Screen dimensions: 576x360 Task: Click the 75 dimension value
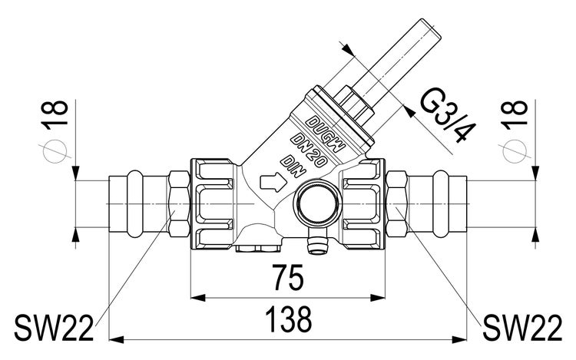pyautogui.click(x=287, y=277)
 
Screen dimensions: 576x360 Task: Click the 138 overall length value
pyautogui.click(x=288, y=319)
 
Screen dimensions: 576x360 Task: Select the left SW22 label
pyautogui.click(x=54, y=328)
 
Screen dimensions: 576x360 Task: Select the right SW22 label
pyautogui.click(x=522, y=328)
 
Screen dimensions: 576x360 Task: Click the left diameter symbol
pyautogui.click(x=55, y=151)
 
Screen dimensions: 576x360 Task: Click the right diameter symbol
pyautogui.click(x=515, y=151)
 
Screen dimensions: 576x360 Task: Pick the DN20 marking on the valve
pyautogui.click(x=309, y=150)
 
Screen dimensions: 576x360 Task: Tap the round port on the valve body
pyautogui.click(x=318, y=203)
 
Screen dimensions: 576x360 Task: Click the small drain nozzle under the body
pyautogui.click(x=316, y=243)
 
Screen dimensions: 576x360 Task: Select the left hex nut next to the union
pyautogui.click(x=179, y=203)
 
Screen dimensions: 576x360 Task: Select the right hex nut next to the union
pyautogui.click(x=397, y=203)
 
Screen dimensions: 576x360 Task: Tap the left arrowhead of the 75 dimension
pyautogui.click(x=198, y=298)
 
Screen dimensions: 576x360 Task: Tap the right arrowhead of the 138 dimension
pyautogui.click(x=459, y=340)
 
